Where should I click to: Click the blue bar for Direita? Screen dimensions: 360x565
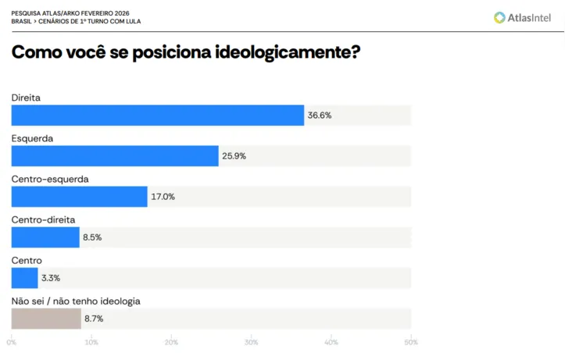[157, 115]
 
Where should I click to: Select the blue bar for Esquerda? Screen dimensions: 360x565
[115, 155]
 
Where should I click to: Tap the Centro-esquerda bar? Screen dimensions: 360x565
[79, 196]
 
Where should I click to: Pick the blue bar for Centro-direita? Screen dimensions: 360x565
[45, 237]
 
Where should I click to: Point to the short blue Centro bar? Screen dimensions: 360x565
[24, 277]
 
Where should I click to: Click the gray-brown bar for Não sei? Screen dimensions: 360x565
[46, 318]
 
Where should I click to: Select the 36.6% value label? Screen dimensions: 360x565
[320, 116]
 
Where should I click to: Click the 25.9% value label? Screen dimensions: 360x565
[234, 156]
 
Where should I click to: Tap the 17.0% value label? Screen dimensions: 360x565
[163, 197]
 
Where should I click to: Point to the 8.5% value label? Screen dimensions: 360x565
[92, 237]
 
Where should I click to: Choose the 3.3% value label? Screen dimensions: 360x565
[51, 278]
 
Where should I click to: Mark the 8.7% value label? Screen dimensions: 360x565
[94, 319]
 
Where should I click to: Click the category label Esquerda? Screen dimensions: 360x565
[32, 138]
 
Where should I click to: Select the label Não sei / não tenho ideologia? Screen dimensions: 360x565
[76, 301]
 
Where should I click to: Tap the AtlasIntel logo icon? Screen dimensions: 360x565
[499, 17]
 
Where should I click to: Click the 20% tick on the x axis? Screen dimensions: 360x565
[171, 342]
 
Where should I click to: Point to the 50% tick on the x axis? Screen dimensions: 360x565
[410, 342]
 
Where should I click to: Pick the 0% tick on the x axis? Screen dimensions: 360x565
[12, 342]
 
